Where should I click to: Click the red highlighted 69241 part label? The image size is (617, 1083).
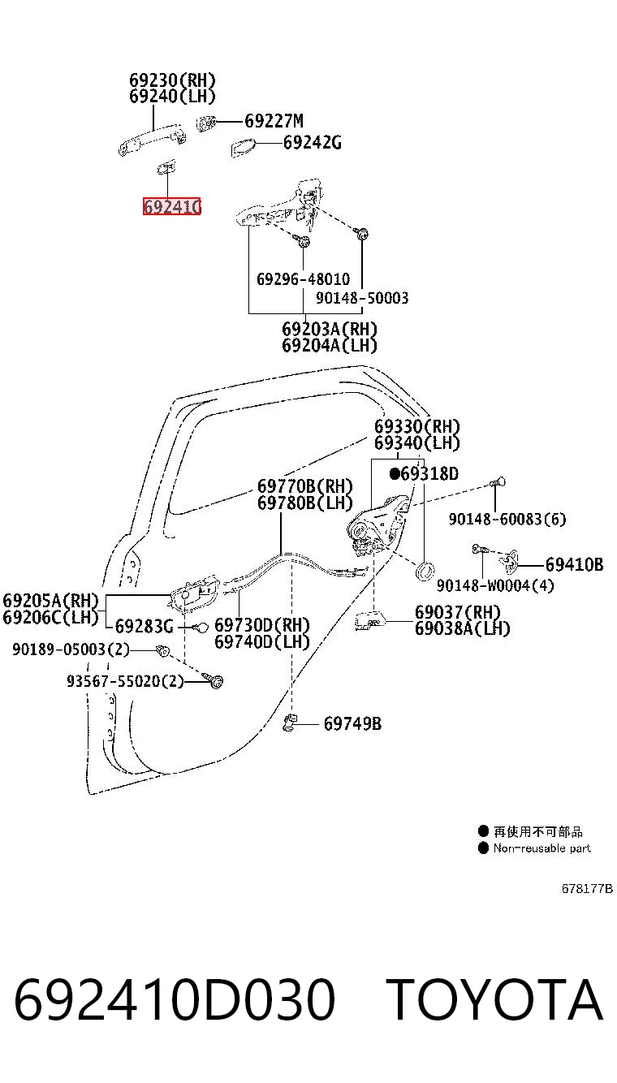(x=171, y=206)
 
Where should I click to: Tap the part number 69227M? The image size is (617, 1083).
(x=274, y=121)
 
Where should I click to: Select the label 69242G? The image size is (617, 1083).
(x=312, y=143)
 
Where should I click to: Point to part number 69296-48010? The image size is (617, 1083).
(x=303, y=279)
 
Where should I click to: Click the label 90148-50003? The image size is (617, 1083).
(x=362, y=298)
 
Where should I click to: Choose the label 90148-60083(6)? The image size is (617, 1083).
(x=507, y=520)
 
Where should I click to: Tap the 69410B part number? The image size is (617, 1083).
(x=575, y=564)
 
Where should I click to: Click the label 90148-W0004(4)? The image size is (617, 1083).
(x=495, y=585)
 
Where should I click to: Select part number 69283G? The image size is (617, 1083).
(x=144, y=626)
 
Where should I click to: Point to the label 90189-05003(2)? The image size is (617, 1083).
(x=71, y=649)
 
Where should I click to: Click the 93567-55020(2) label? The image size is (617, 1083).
(x=125, y=681)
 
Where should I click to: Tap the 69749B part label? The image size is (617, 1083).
(x=352, y=724)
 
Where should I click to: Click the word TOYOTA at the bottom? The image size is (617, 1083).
(x=494, y=999)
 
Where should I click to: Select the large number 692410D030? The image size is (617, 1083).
(x=175, y=999)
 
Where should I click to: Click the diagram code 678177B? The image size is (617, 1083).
(x=587, y=889)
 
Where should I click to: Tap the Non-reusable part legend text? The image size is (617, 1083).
(x=542, y=848)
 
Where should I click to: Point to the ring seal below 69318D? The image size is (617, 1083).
(x=424, y=571)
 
